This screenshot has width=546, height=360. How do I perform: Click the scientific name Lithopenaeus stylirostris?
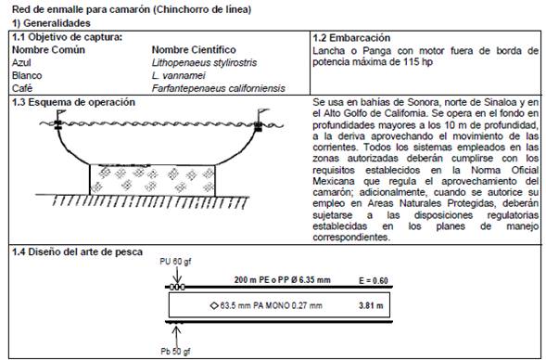coord(204,63)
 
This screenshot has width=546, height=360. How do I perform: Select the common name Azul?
coord(21,63)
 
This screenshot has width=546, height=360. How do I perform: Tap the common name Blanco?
coord(27,76)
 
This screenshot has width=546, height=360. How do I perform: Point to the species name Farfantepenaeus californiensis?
coord(219,88)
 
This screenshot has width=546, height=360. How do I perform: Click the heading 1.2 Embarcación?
coord(351,38)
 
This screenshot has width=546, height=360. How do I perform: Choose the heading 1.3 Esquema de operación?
coord(73,102)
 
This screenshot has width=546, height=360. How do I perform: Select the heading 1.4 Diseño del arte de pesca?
coord(77,252)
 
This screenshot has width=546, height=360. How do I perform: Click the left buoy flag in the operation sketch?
coord(61,113)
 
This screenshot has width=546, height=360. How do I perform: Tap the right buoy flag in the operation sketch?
coord(263,112)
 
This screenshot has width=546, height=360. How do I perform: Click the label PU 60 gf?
coord(175,262)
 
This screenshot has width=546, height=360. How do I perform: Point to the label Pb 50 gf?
coord(175,351)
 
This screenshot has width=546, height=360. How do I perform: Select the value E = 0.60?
coord(374,280)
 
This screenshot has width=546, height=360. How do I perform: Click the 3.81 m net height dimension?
coord(371,305)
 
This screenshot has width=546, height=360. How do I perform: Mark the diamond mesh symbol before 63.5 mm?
coord(214,306)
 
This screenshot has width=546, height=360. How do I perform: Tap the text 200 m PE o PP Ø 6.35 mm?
coord(283,279)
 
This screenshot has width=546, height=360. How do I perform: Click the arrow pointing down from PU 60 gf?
coord(177,276)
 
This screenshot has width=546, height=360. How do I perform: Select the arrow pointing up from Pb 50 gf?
coord(177,335)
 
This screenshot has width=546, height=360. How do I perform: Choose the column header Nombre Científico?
coord(194,50)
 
